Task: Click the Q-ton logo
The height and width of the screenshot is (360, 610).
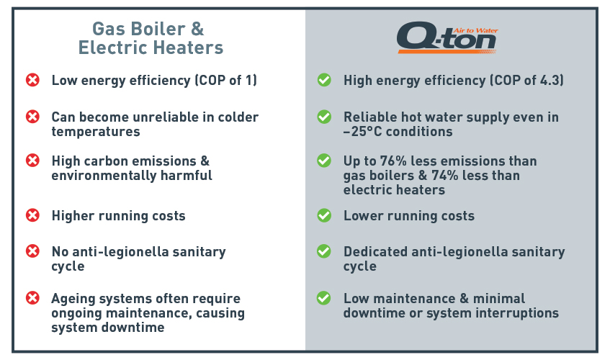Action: point(447,37)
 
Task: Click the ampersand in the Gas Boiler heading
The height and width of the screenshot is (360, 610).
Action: point(197,29)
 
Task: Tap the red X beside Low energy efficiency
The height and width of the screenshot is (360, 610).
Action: point(32,80)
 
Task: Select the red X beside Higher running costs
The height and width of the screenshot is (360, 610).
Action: point(32,215)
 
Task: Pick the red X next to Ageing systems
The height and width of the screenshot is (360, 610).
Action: point(32,298)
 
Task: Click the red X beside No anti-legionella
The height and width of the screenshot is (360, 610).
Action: point(32,251)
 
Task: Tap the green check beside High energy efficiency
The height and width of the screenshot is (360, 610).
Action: point(324,80)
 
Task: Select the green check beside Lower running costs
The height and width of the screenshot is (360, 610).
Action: point(324,215)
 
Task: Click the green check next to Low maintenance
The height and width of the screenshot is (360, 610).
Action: point(323,298)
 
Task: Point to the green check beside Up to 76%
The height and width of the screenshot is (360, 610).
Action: point(324,161)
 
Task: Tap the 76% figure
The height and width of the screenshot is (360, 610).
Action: point(393,161)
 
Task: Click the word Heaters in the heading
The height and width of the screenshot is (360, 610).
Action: point(188,48)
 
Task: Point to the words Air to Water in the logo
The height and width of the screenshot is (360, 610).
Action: point(476,30)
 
